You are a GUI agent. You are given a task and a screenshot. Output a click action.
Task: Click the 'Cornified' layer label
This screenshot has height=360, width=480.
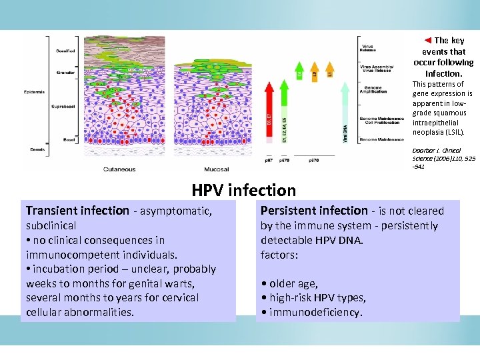click(x=65, y=51)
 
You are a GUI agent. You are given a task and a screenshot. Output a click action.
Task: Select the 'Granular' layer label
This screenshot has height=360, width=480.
click(x=65, y=73)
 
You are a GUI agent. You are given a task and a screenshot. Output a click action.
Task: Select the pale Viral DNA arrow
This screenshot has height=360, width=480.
click(x=345, y=113)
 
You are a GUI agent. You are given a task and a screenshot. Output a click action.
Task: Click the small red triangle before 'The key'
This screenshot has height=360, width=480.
click(x=428, y=41)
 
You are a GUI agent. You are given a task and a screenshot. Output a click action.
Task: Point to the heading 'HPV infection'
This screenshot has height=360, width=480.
click(x=243, y=191)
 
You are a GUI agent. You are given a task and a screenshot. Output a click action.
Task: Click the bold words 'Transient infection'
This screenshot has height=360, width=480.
click(x=77, y=211)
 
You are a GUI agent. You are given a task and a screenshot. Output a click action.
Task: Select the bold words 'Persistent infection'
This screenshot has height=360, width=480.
click(x=313, y=211)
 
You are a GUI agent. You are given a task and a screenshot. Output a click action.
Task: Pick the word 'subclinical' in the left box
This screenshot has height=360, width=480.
click(x=51, y=225)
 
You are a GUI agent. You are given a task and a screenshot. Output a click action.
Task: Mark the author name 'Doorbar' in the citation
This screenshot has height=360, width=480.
click(x=425, y=151)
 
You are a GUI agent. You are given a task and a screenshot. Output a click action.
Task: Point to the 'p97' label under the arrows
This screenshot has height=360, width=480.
click(x=268, y=161)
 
